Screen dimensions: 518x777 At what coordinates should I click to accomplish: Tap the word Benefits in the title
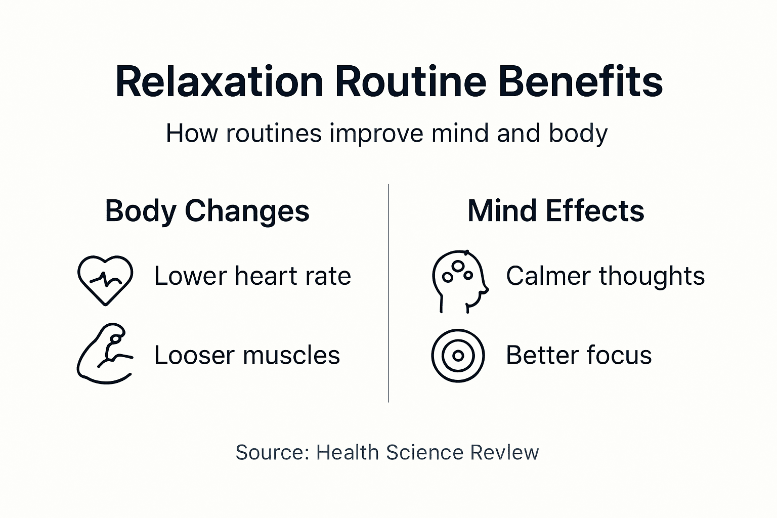580,81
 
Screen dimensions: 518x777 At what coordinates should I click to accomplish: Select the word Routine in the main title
410,81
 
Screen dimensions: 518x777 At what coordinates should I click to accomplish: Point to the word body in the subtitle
578,134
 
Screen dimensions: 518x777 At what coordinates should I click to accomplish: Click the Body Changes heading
207,211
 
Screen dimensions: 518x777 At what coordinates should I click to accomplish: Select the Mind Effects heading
555,211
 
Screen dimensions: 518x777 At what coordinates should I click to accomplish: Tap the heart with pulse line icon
105,279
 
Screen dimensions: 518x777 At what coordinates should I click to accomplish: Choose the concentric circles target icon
458,356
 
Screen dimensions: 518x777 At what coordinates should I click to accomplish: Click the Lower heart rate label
252,276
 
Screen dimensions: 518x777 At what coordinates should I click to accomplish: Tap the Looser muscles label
247,355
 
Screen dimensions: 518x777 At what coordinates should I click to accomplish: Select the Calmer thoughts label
605,276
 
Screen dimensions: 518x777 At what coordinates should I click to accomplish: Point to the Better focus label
579,355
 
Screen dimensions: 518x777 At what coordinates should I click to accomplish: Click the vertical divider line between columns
388,293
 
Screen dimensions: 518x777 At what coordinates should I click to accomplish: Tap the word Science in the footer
424,453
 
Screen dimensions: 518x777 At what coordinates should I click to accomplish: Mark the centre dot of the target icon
458,356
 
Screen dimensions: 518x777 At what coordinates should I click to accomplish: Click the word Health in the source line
347,453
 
